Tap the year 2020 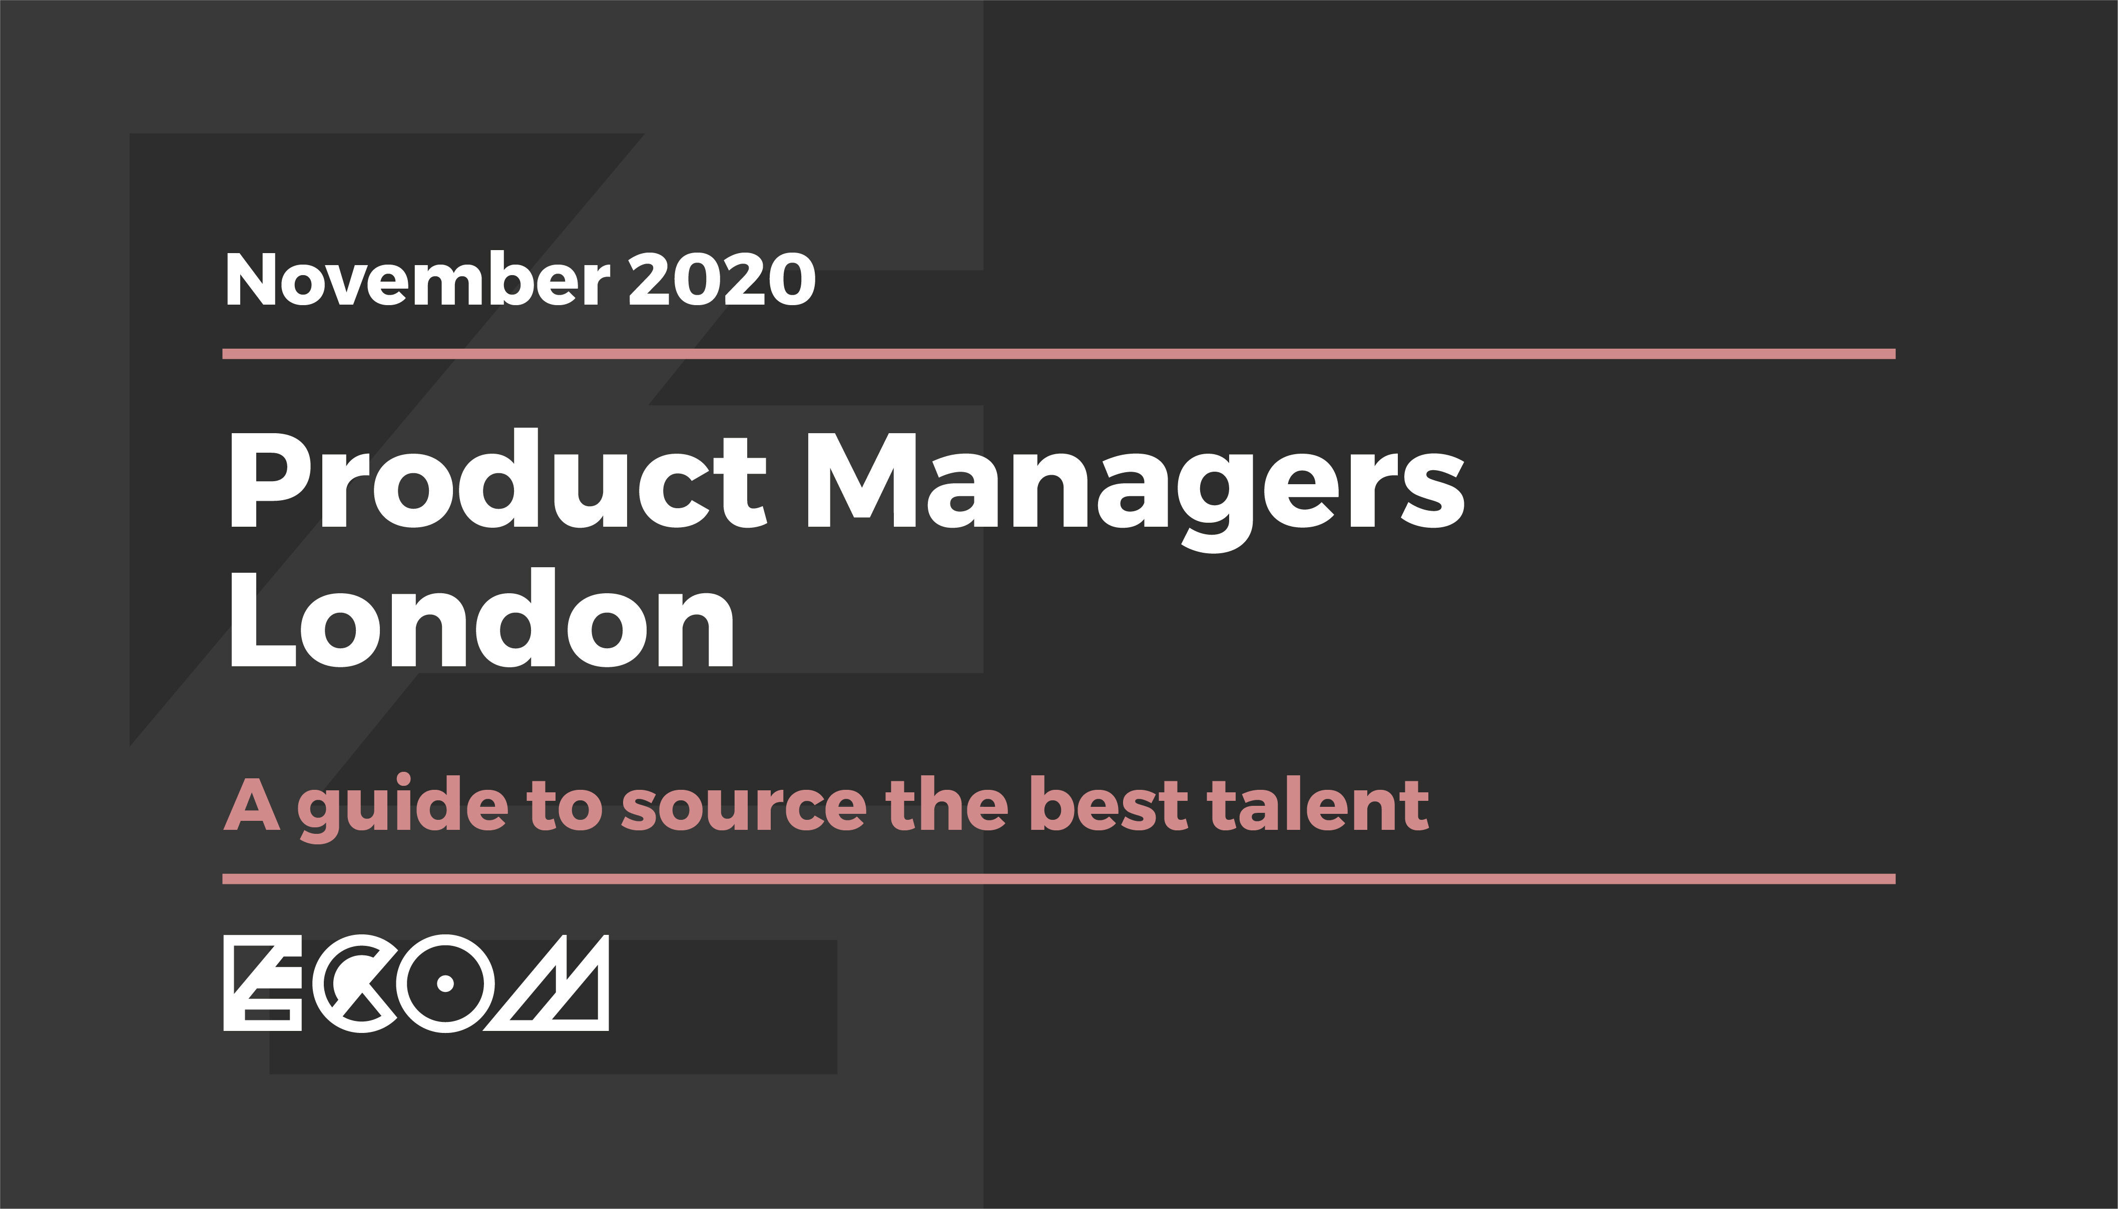pos(722,280)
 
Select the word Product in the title pos(496,480)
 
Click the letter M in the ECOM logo pos(548,983)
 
